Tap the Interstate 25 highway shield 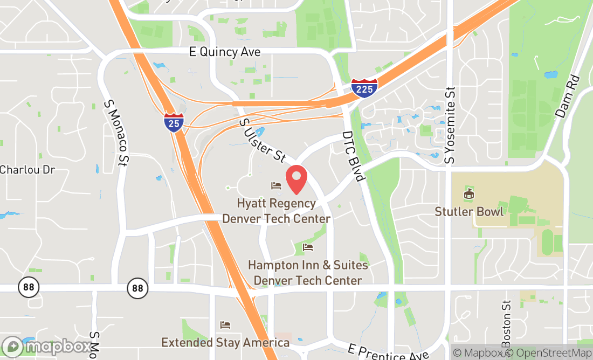[x=174, y=122]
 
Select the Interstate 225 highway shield [x=364, y=88]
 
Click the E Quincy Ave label [x=225, y=52]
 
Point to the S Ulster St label [x=262, y=140]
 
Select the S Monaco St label [x=118, y=131]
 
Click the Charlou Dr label [x=27, y=170]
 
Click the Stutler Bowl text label [x=469, y=211]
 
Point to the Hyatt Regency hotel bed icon [x=276, y=186]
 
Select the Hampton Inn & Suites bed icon [x=308, y=247]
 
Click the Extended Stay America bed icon [x=225, y=325]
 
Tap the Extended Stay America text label [x=225, y=343]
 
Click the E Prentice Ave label [x=388, y=352]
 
